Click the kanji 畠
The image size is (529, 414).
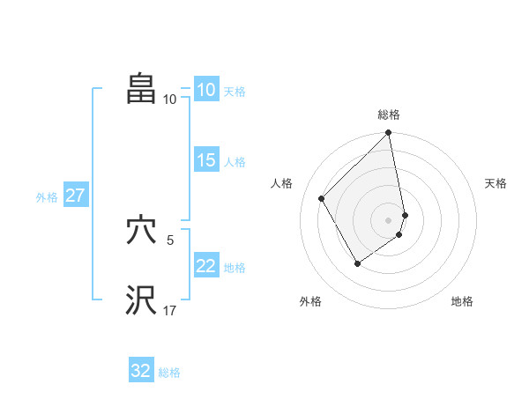(x=141, y=88)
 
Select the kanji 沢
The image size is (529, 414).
(x=141, y=299)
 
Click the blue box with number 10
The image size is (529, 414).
(x=205, y=90)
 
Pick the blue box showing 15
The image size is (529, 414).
(x=205, y=160)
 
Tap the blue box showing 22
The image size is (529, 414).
(x=205, y=266)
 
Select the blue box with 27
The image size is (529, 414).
(x=75, y=196)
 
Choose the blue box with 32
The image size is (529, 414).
(x=141, y=371)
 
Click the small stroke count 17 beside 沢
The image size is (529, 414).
(x=169, y=310)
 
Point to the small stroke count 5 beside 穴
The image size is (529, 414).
(x=169, y=240)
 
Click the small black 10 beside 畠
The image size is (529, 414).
(x=169, y=99)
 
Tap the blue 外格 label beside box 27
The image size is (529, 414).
(x=47, y=197)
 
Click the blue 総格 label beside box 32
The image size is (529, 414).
(x=169, y=373)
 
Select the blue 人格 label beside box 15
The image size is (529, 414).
(x=235, y=162)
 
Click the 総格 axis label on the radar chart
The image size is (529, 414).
(x=389, y=115)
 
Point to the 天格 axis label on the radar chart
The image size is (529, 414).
(x=496, y=183)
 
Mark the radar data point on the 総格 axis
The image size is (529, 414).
(x=389, y=133)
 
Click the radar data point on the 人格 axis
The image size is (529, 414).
(x=322, y=198)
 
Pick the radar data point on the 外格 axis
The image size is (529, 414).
(x=357, y=262)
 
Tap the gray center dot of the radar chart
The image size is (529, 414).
(x=389, y=219)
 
